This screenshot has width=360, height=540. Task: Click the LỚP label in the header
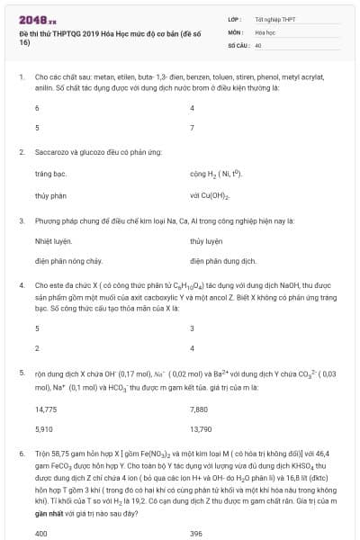click(236, 18)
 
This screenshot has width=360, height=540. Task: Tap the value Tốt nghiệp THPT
click(270, 18)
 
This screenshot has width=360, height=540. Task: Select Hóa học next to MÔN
click(265, 31)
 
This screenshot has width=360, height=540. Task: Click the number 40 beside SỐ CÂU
click(258, 43)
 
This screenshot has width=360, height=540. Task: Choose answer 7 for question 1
click(193, 128)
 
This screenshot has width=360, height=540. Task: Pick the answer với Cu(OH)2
click(211, 194)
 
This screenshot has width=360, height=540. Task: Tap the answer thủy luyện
click(205, 240)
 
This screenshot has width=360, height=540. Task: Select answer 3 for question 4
click(193, 328)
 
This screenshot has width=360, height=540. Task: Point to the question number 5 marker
click(22, 371)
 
